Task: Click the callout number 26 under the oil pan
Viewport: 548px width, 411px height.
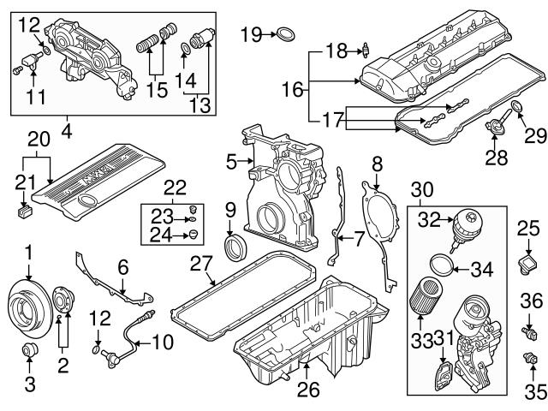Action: (x=307, y=390)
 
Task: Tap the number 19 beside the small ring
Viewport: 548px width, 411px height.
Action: (x=250, y=34)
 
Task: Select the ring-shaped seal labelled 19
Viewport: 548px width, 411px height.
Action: (x=288, y=34)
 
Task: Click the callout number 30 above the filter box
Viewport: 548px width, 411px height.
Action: (x=423, y=188)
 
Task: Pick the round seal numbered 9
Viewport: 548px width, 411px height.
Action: (x=230, y=248)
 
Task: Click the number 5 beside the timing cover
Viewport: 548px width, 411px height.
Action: (x=230, y=160)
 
